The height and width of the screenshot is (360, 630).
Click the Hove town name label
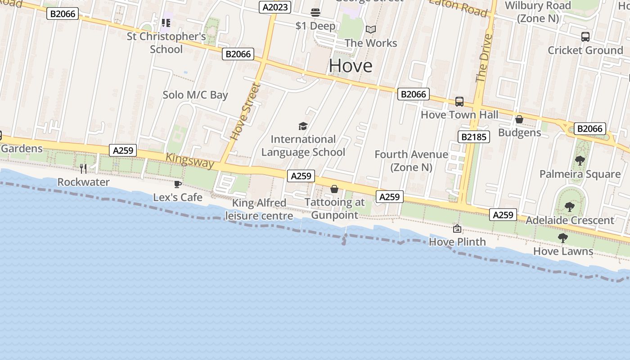click(351, 66)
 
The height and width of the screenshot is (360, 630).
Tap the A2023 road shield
click(275, 7)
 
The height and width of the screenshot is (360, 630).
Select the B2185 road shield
click(473, 136)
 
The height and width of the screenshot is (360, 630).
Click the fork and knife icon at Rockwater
click(83, 169)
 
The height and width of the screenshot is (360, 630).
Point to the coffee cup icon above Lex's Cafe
click(178, 184)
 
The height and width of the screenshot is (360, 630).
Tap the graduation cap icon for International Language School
click(303, 126)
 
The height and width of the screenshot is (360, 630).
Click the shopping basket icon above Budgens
click(519, 119)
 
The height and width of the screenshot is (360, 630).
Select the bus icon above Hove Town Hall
click(459, 102)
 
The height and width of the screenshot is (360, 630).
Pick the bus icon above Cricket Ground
click(585, 37)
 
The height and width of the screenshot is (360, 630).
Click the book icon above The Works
click(371, 30)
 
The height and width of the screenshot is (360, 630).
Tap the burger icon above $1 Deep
click(315, 12)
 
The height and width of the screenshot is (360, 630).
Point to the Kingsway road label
click(190, 160)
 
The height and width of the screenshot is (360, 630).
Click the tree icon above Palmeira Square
click(580, 161)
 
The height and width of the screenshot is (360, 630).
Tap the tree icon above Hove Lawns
click(563, 238)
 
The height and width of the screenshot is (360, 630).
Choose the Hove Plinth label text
click(457, 242)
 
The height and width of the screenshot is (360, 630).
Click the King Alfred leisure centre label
click(259, 209)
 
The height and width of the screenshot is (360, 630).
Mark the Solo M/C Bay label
click(195, 95)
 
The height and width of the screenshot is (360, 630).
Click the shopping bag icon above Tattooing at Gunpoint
click(334, 189)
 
